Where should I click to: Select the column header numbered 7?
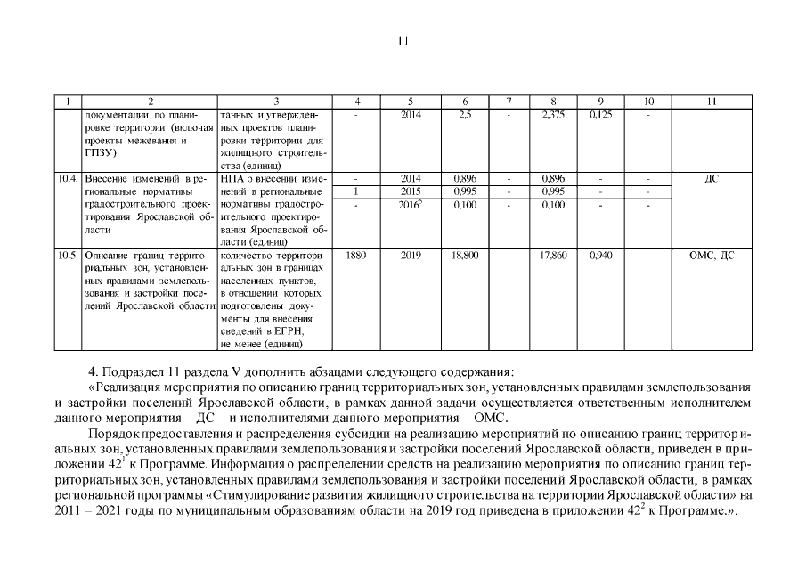coord(509,102)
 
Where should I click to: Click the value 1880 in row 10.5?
coord(356,256)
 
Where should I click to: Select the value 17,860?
coord(554,256)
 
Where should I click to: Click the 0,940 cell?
coord(601,256)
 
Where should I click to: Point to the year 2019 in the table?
coord(411,256)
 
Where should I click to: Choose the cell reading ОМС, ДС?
coord(711,256)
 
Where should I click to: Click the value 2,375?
coord(554,115)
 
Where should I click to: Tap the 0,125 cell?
coord(601,115)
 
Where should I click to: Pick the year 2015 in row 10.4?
coord(411,191)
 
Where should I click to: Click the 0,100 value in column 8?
coord(554,205)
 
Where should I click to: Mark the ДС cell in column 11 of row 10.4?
coord(711,179)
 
